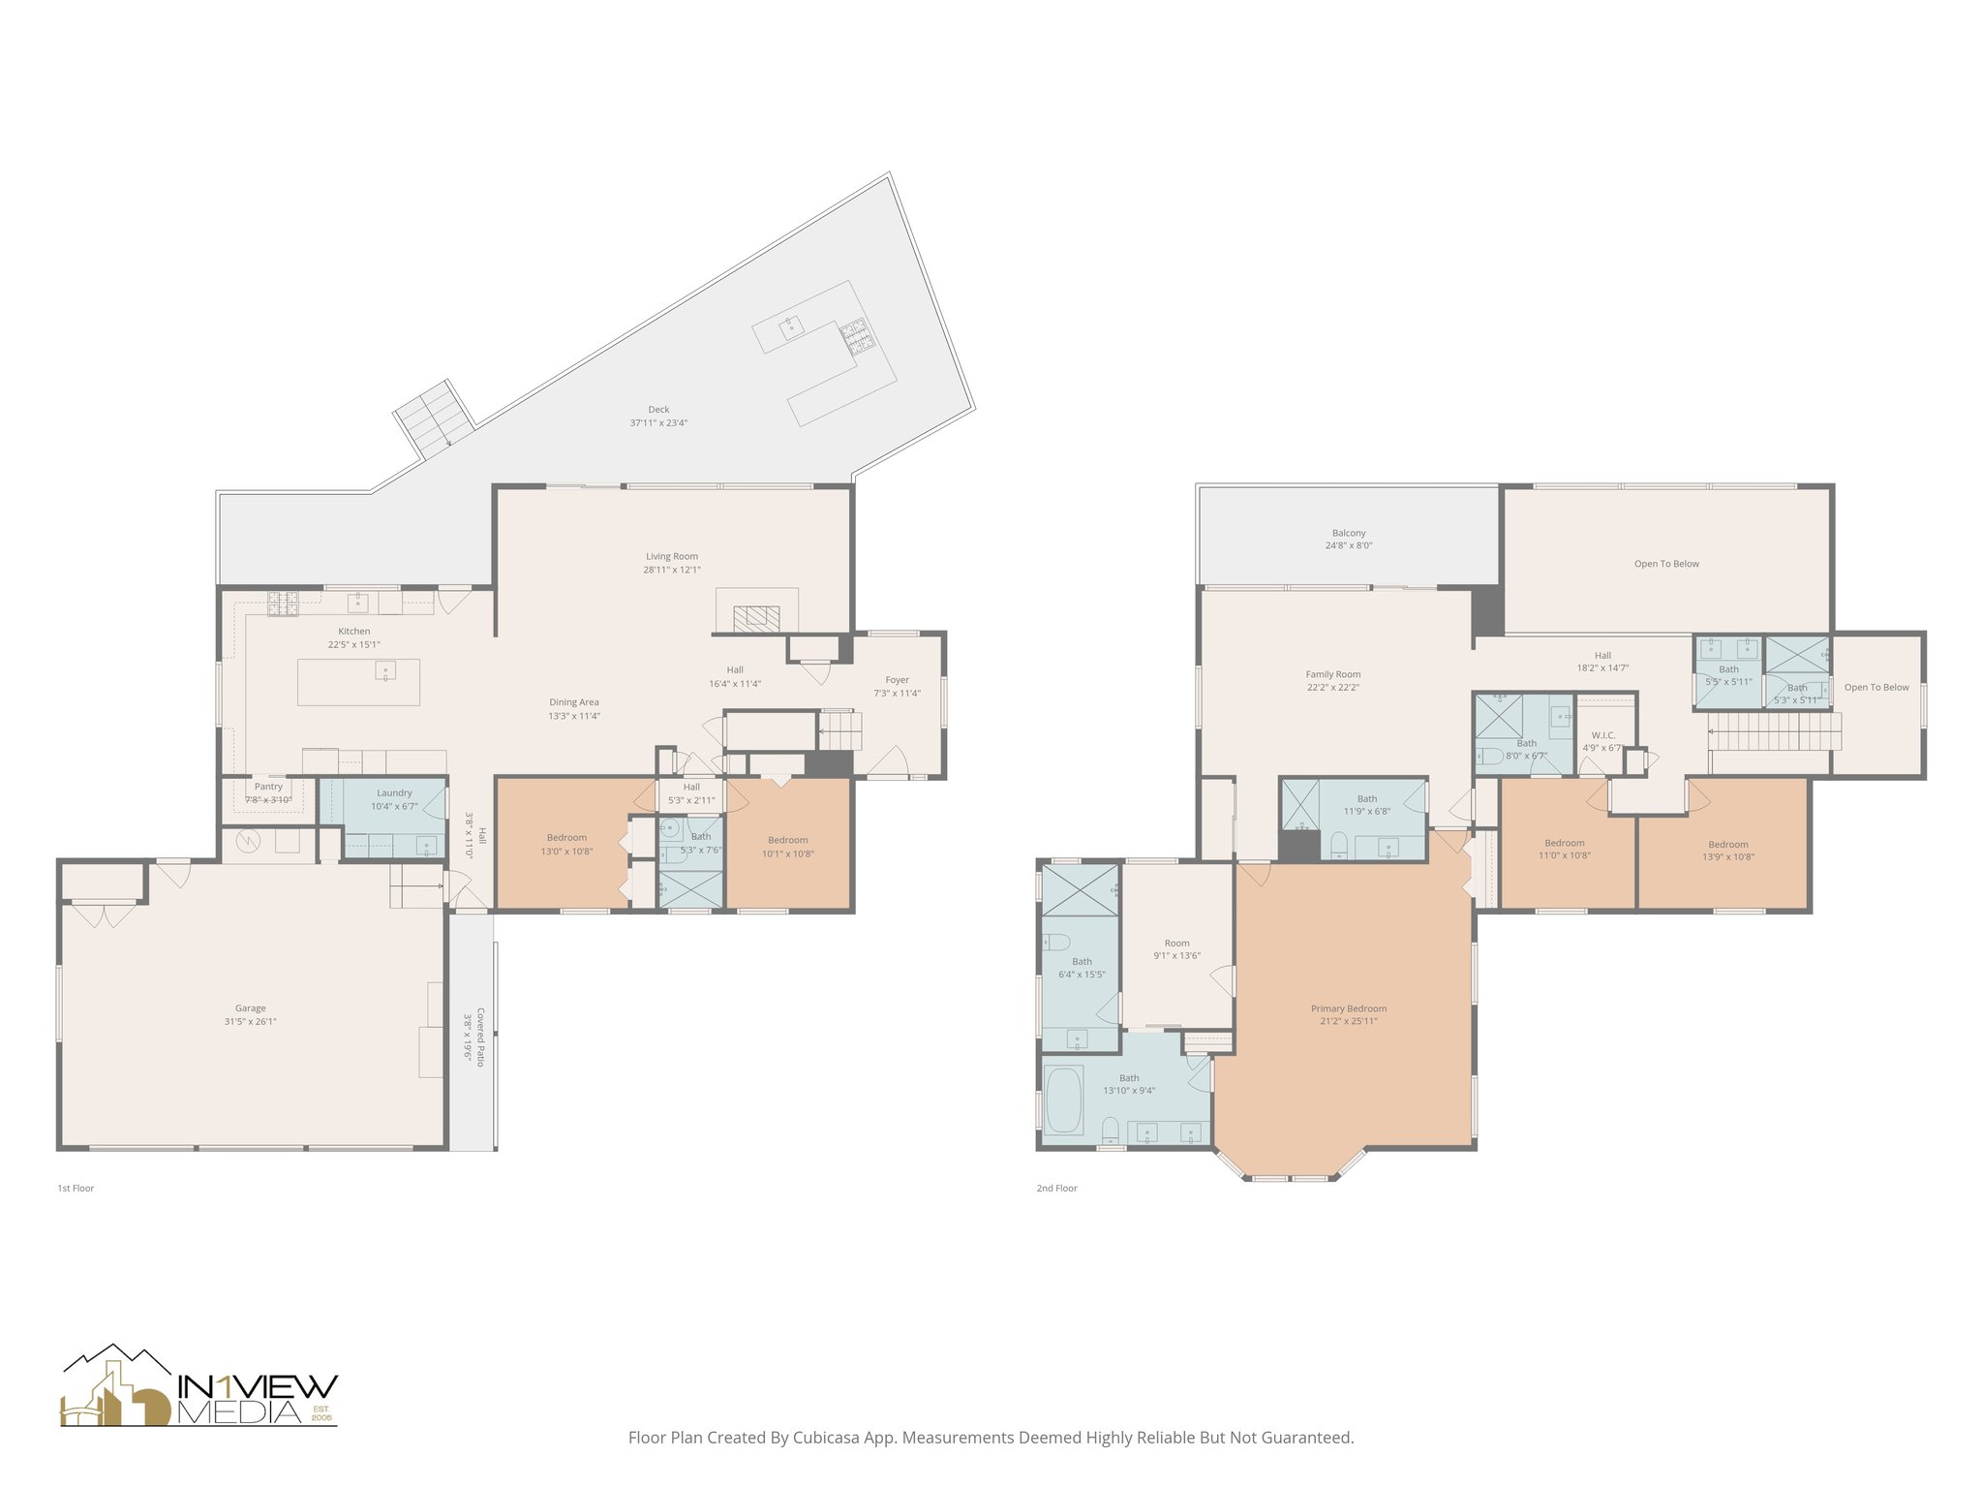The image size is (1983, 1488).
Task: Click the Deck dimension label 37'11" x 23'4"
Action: click(x=658, y=423)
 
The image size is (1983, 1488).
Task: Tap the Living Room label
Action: click(x=672, y=556)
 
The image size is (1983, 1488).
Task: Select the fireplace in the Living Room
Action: click(x=756, y=618)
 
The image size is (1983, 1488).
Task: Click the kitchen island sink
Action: click(x=385, y=670)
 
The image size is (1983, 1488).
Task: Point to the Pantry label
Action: click(x=268, y=787)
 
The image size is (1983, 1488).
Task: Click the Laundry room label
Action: click(x=394, y=792)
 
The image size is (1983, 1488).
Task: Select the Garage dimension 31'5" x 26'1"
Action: click(x=250, y=1021)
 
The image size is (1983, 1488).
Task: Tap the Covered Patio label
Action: click(x=481, y=1037)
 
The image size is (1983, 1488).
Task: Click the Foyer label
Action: click(x=897, y=680)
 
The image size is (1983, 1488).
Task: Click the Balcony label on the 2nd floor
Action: click(x=1349, y=533)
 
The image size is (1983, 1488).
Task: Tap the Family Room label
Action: click(x=1332, y=674)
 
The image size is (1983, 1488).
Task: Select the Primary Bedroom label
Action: click(x=1349, y=1008)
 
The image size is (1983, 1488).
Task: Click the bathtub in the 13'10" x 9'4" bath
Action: click(x=1064, y=1100)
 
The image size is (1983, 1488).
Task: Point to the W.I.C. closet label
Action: click(x=1602, y=735)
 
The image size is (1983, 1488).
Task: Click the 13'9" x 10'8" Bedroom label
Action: click(x=1728, y=844)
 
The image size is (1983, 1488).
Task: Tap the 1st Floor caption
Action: click(x=76, y=1188)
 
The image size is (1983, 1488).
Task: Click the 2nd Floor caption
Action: click(x=1056, y=1188)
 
